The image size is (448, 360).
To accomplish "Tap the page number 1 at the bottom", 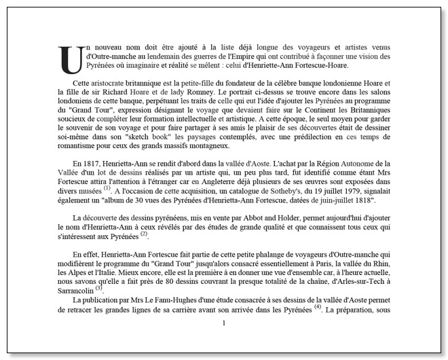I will click(x=223, y=323).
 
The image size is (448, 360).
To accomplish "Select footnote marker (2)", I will click(x=143, y=234).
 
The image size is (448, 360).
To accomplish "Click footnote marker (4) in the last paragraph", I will click(x=317, y=306).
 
